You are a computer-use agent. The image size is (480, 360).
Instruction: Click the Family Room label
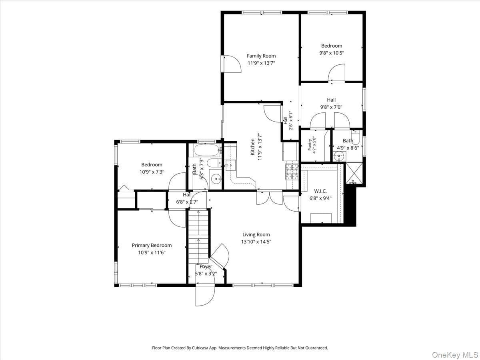[x=261, y=56]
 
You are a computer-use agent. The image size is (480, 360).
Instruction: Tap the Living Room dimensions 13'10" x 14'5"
[x=256, y=242]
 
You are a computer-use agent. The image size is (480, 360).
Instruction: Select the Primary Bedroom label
[x=152, y=246]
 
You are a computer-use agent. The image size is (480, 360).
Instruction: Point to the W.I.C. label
[x=320, y=191]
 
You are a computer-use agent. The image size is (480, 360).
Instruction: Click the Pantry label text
[x=310, y=145]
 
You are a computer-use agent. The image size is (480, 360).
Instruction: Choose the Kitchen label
[x=252, y=147]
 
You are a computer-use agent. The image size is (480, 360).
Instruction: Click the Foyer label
[x=206, y=267]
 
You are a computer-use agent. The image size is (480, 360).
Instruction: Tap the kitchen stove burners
[x=292, y=172]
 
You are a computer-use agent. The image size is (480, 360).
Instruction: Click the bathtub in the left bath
[x=207, y=150]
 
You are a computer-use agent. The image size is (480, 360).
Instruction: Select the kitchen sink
[x=230, y=165]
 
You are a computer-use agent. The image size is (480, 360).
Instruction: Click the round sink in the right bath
[x=339, y=156]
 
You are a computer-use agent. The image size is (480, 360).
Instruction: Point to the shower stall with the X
[x=354, y=173]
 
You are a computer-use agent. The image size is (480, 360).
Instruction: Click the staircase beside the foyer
[x=198, y=236]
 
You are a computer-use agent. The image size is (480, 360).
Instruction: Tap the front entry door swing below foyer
[x=205, y=296]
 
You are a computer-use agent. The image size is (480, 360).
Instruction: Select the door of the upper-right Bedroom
[x=336, y=73]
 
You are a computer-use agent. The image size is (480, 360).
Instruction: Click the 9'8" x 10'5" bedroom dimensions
[x=332, y=53]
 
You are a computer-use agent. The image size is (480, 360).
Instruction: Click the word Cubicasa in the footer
[x=200, y=348]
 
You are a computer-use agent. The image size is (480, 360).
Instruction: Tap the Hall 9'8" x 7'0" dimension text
[x=331, y=107]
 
